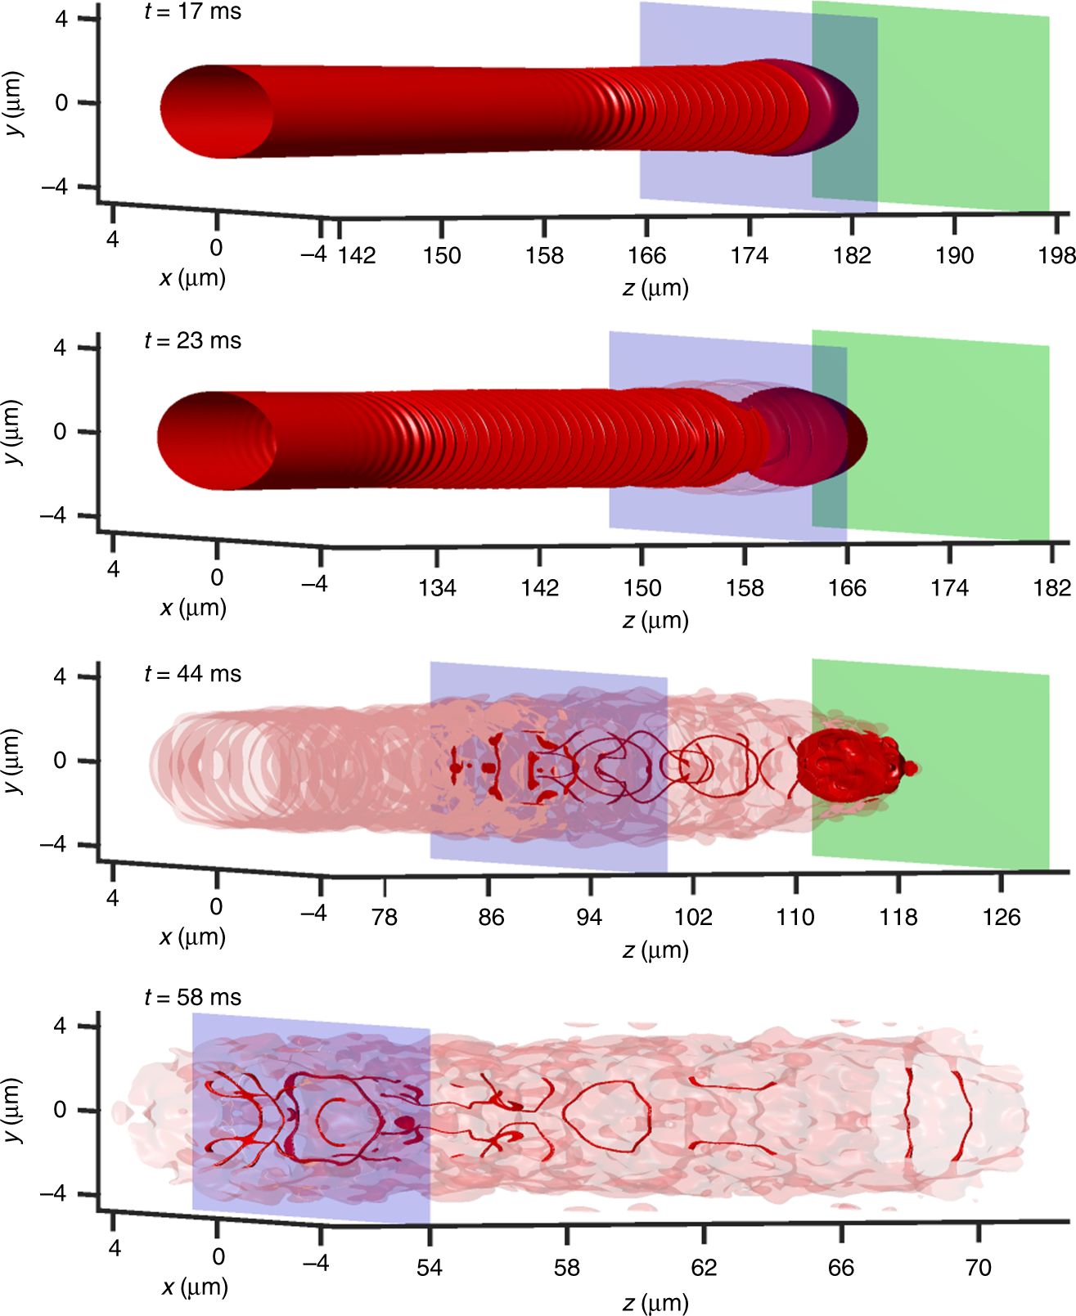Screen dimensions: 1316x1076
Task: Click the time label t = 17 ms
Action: [x=193, y=12]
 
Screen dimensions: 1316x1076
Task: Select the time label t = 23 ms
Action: [x=193, y=341]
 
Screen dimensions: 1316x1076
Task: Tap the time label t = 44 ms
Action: [x=193, y=674]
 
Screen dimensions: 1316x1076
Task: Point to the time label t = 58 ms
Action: [x=193, y=998]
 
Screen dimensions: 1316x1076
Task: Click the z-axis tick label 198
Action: [x=1057, y=256]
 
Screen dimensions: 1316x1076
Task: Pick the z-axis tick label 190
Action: [x=954, y=256]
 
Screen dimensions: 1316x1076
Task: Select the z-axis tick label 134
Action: [x=437, y=588]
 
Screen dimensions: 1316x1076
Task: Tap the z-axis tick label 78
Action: [x=385, y=917]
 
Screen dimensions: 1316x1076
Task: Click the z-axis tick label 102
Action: [x=693, y=917]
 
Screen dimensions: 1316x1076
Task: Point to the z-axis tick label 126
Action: [x=1002, y=917]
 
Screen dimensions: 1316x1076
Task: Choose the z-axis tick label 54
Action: [x=430, y=1268]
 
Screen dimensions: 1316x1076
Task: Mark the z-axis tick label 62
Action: [x=704, y=1268]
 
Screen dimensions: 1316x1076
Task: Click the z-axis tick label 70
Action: [x=979, y=1268]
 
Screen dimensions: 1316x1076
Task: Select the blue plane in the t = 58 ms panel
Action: [x=245, y=1178]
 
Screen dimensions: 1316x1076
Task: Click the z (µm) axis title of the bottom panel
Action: [x=655, y=1302]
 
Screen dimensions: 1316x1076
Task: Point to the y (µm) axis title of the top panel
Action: [x=14, y=104]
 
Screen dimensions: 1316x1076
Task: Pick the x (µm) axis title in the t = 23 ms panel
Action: [x=193, y=608]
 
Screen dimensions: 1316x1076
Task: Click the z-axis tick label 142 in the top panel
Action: [x=358, y=256]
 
